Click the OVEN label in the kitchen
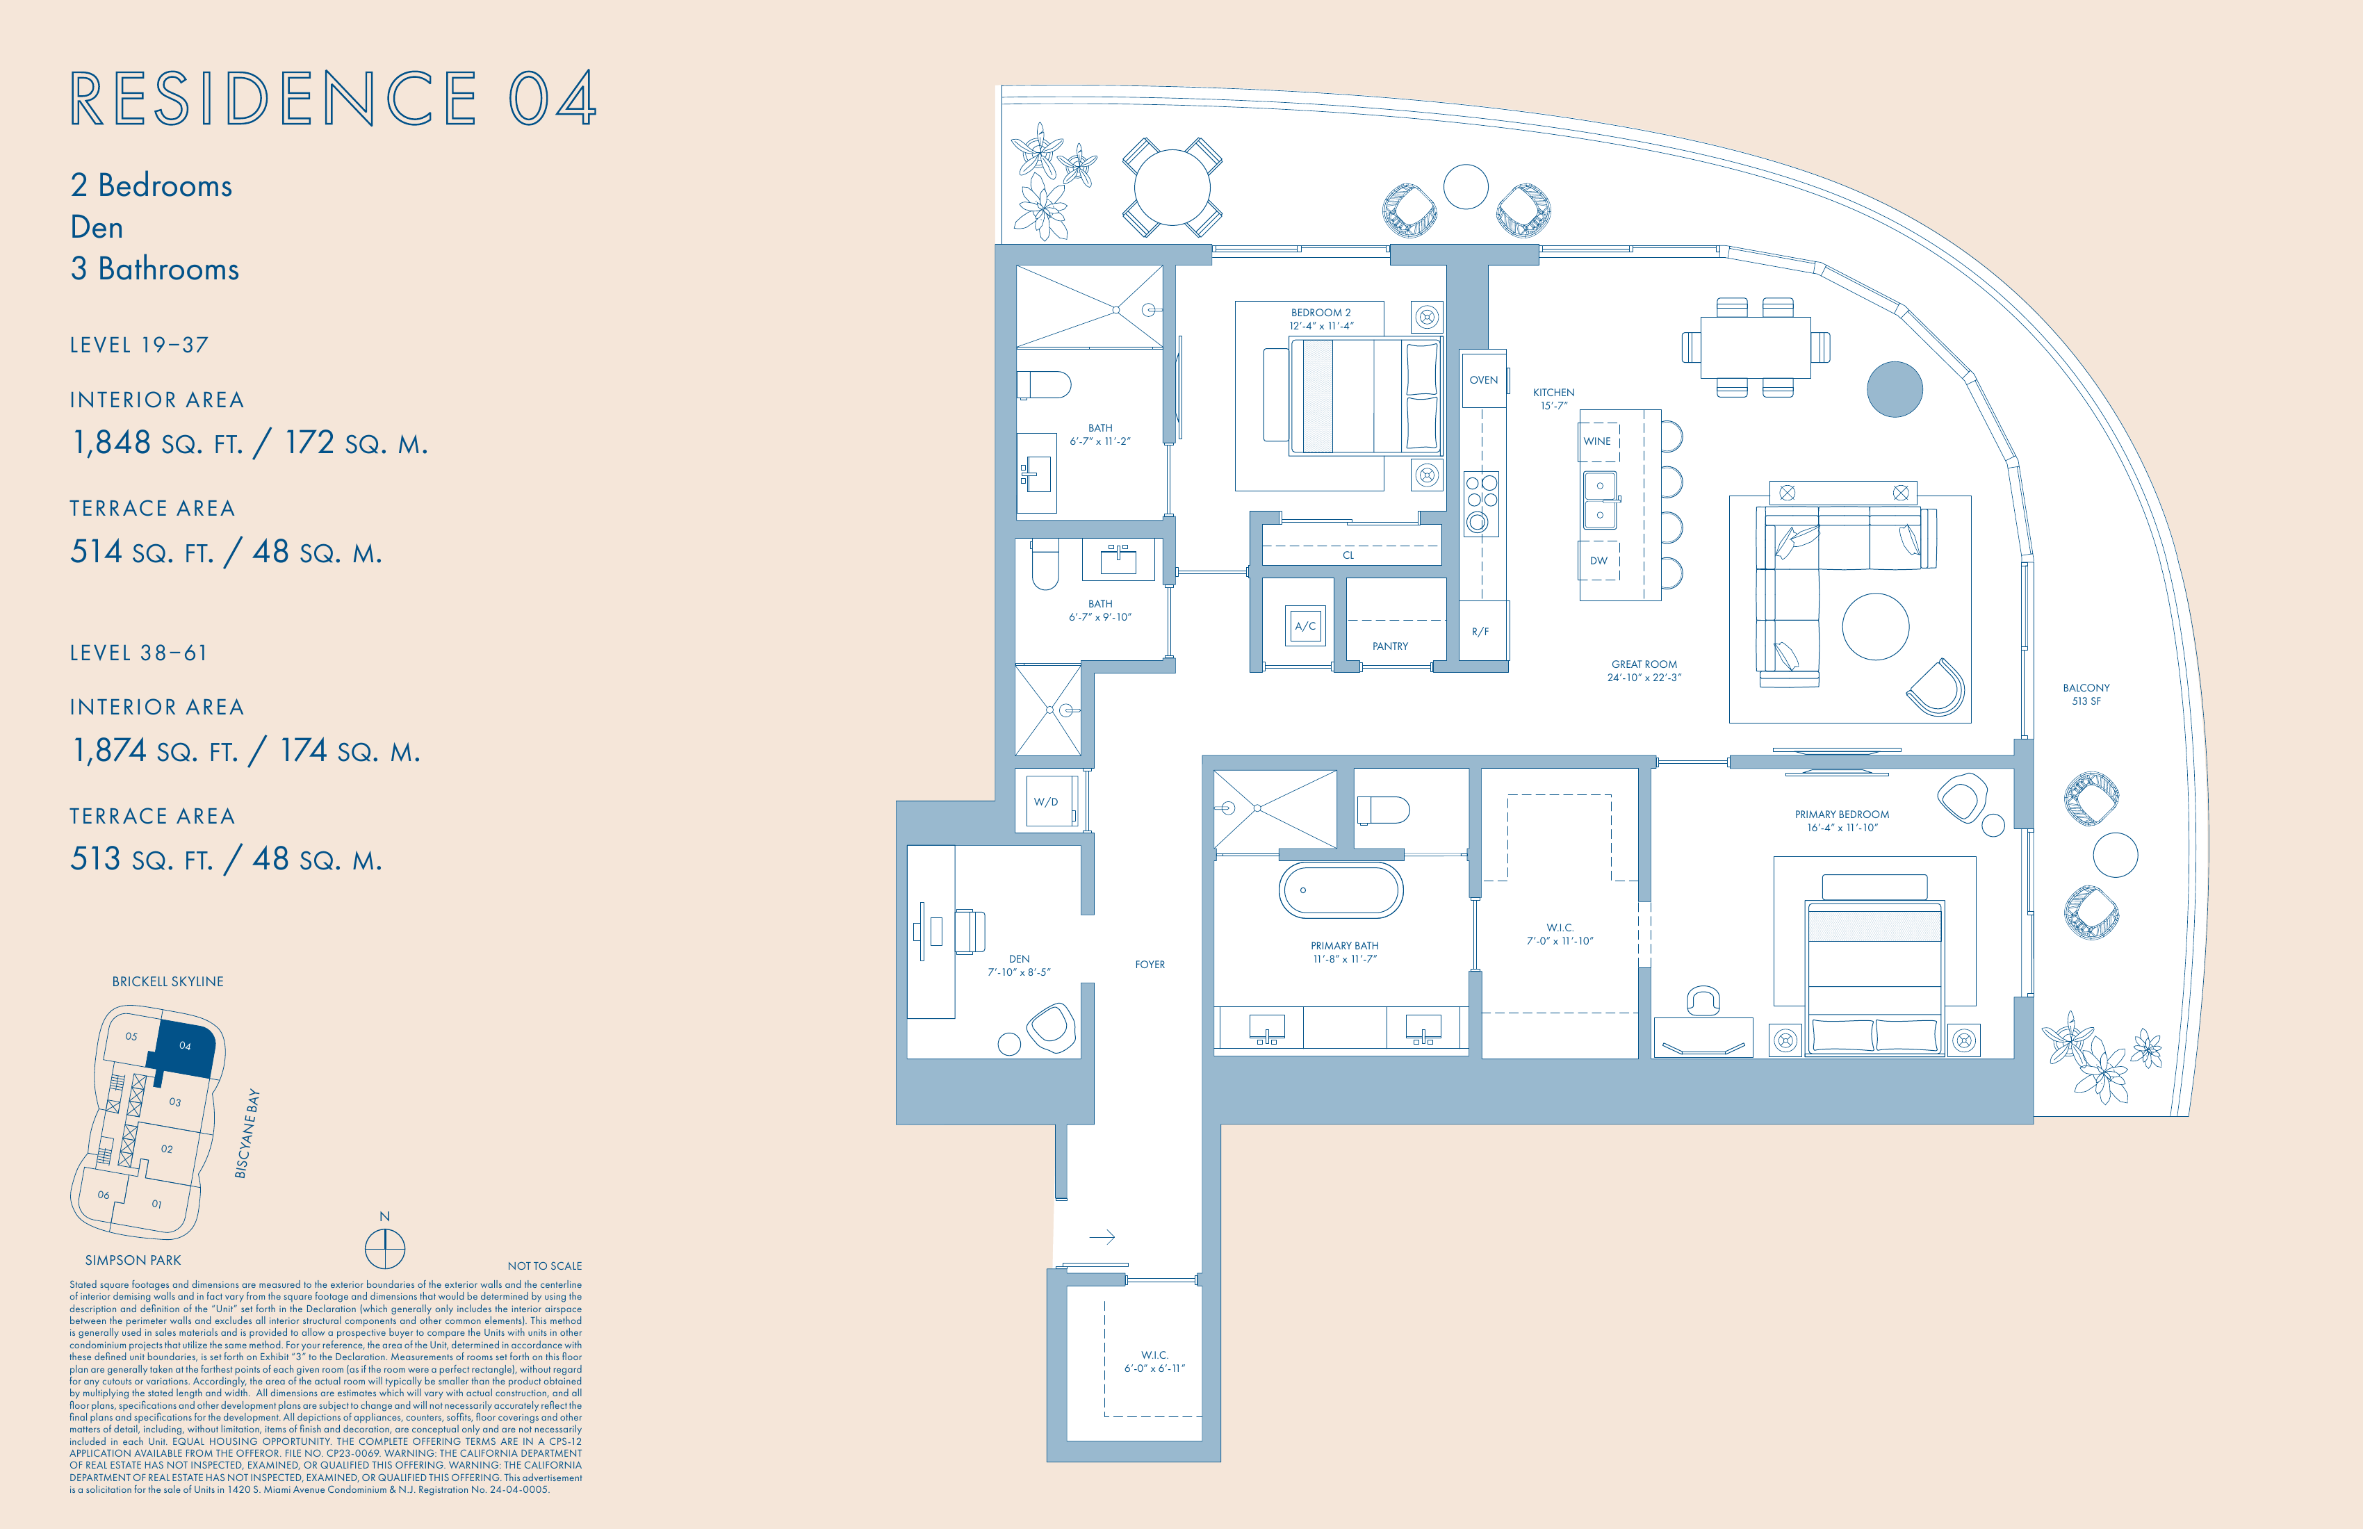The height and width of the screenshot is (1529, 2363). point(1483,380)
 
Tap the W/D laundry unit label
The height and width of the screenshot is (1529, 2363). point(1045,802)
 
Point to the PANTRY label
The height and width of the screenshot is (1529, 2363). point(1390,646)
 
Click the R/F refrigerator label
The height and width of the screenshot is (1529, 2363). point(1480,632)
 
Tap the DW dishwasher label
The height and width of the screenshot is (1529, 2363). point(1598,561)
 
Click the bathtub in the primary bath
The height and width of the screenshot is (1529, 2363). point(1341,890)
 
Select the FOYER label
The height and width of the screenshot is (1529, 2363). point(1150,964)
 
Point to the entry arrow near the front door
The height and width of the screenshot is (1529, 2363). point(1102,1237)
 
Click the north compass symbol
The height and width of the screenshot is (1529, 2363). point(385,1248)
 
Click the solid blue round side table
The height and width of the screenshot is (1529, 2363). point(1895,389)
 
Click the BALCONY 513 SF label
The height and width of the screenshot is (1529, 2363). point(2086,694)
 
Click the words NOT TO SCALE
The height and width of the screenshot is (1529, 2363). point(544,1266)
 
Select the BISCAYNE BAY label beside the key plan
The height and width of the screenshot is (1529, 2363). point(247,1134)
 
